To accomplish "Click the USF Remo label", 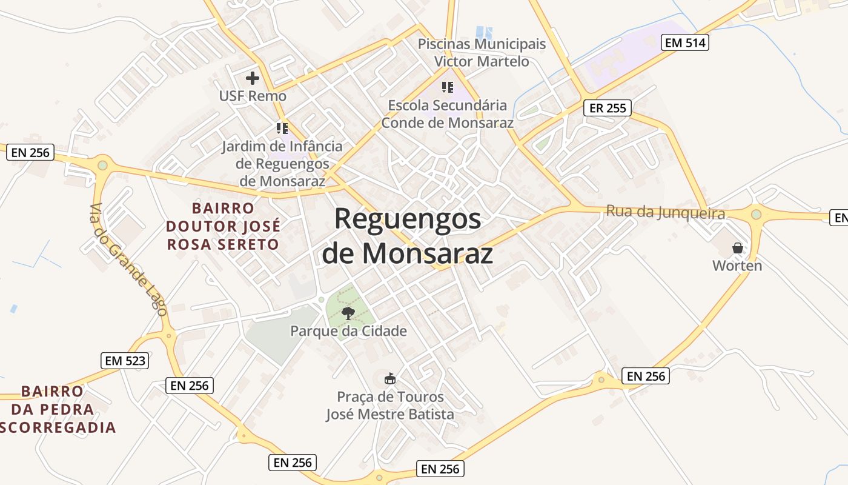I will (253, 96).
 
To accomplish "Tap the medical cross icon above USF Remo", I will (253, 78).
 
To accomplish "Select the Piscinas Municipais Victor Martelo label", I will (482, 53).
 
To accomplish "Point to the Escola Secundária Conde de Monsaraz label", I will (448, 113).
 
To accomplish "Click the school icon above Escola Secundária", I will (448, 87).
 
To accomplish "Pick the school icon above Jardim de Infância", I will (282, 129).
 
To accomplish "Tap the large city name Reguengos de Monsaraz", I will (407, 236).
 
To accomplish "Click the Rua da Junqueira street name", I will (666, 213).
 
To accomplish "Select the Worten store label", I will (737, 266).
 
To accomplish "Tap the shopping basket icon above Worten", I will (737, 248).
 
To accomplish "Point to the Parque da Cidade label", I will (348, 331).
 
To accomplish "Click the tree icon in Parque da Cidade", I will (348, 313).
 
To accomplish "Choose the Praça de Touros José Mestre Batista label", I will (390, 406).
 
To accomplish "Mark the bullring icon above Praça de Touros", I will (390, 379).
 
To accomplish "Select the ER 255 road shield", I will (608, 108).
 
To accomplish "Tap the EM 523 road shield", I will (125, 361).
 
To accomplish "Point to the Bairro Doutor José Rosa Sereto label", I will (223, 226).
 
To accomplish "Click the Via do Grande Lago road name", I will (127, 259).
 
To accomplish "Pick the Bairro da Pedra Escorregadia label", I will (59, 409).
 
